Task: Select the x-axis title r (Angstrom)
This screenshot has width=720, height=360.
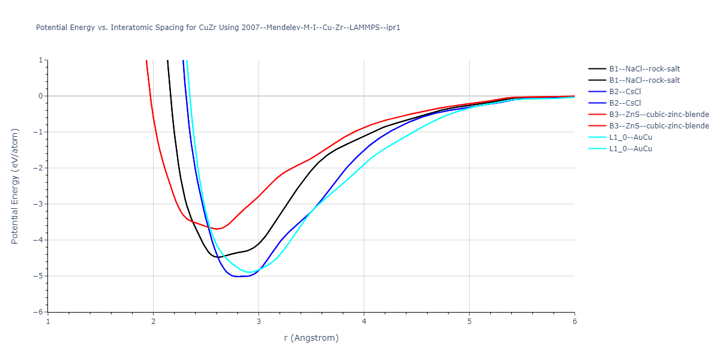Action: click(311, 338)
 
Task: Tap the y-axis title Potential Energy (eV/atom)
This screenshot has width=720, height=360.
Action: click(15, 186)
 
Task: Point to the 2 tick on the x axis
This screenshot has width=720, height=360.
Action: click(154, 321)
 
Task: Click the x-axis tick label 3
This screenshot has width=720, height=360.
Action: click(259, 321)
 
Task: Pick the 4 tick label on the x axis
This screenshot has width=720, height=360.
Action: click(364, 321)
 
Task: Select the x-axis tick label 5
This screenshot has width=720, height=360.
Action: click(469, 321)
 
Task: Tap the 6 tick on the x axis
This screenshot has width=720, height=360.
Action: click(575, 321)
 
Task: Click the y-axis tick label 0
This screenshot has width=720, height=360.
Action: click(41, 96)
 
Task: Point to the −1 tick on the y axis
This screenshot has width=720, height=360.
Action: click(39, 132)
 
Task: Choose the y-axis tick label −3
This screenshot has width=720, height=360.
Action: click(39, 204)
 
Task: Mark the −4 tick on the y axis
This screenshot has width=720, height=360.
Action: click(39, 240)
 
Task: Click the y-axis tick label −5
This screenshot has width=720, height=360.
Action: click(39, 276)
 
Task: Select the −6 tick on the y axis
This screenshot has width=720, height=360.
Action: click(39, 312)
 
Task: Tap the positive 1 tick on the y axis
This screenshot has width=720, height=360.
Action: click(41, 60)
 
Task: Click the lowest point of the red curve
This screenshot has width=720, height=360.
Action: click(217, 229)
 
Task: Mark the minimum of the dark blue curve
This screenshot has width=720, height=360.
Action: click(237, 277)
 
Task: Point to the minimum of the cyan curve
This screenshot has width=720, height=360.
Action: click(248, 272)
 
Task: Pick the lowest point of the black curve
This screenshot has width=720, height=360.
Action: click(216, 257)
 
